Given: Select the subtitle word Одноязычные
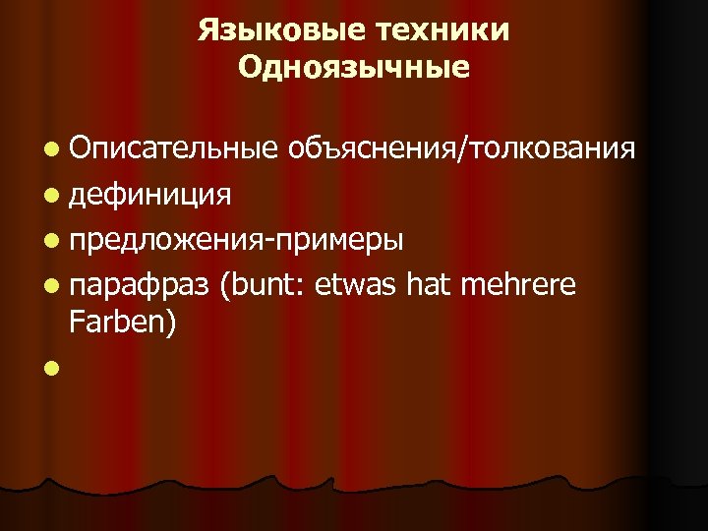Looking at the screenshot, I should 354,68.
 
